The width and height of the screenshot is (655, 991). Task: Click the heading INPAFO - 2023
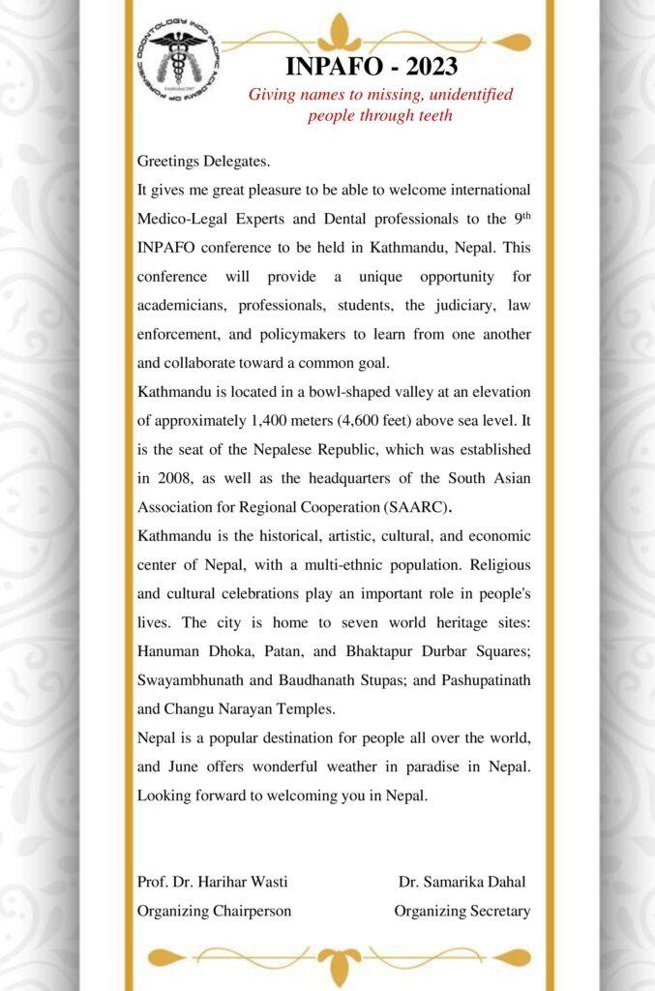pyautogui.click(x=372, y=67)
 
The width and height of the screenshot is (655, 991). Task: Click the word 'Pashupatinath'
pyautogui.click(x=485, y=679)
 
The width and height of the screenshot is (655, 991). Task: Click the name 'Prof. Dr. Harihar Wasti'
pyautogui.click(x=213, y=882)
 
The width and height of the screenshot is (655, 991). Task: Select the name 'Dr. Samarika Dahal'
pyautogui.click(x=461, y=882)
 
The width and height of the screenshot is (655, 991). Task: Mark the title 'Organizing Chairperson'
pyautogui.click(x=215, y=911)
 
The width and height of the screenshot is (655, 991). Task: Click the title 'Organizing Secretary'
pyautogui.click(x=461, y=911)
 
